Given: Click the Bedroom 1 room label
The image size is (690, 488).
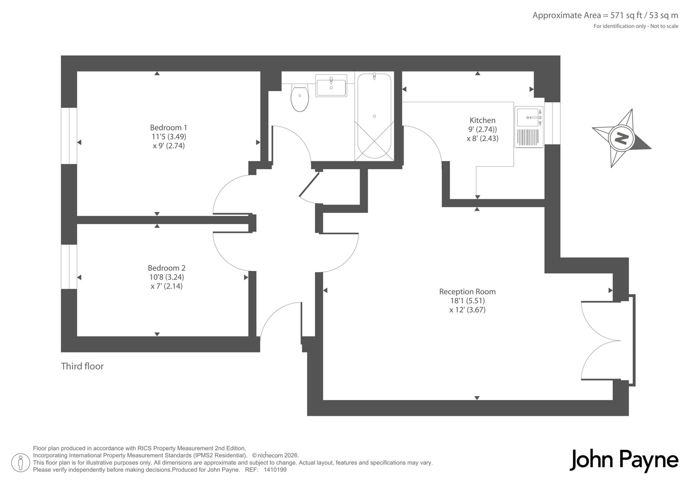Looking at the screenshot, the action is [x=169, y=127].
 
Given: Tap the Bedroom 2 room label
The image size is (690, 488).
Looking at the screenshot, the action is [x=166, y=268].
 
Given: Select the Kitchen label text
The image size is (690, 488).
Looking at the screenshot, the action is [x=483, y=120].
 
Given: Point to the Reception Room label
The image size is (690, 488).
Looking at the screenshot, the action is [x=467, y=292].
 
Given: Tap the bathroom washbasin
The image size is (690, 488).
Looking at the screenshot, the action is [x=331, y=85].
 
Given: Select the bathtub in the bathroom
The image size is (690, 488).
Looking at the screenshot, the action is [x=374, y=116].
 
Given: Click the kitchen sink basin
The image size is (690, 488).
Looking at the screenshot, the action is [x=528, y=117].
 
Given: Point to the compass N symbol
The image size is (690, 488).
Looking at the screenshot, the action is [x=621, y=138].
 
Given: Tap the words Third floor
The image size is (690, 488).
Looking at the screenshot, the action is [x=82, y=366].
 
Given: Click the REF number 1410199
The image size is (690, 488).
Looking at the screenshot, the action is [x=275, y=470].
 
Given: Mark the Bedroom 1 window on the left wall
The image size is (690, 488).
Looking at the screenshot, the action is [x=69, y=135].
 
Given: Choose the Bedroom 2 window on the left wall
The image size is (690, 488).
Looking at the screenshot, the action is [x=69, y=267].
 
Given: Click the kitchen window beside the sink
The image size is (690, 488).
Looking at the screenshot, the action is [x=552, y=123].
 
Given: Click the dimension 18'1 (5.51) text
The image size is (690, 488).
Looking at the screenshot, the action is [x=467, y=301].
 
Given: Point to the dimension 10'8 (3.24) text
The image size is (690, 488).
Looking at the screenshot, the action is [x=166, y=277].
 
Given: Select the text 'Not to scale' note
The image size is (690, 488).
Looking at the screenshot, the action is [x=664, y=26].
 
